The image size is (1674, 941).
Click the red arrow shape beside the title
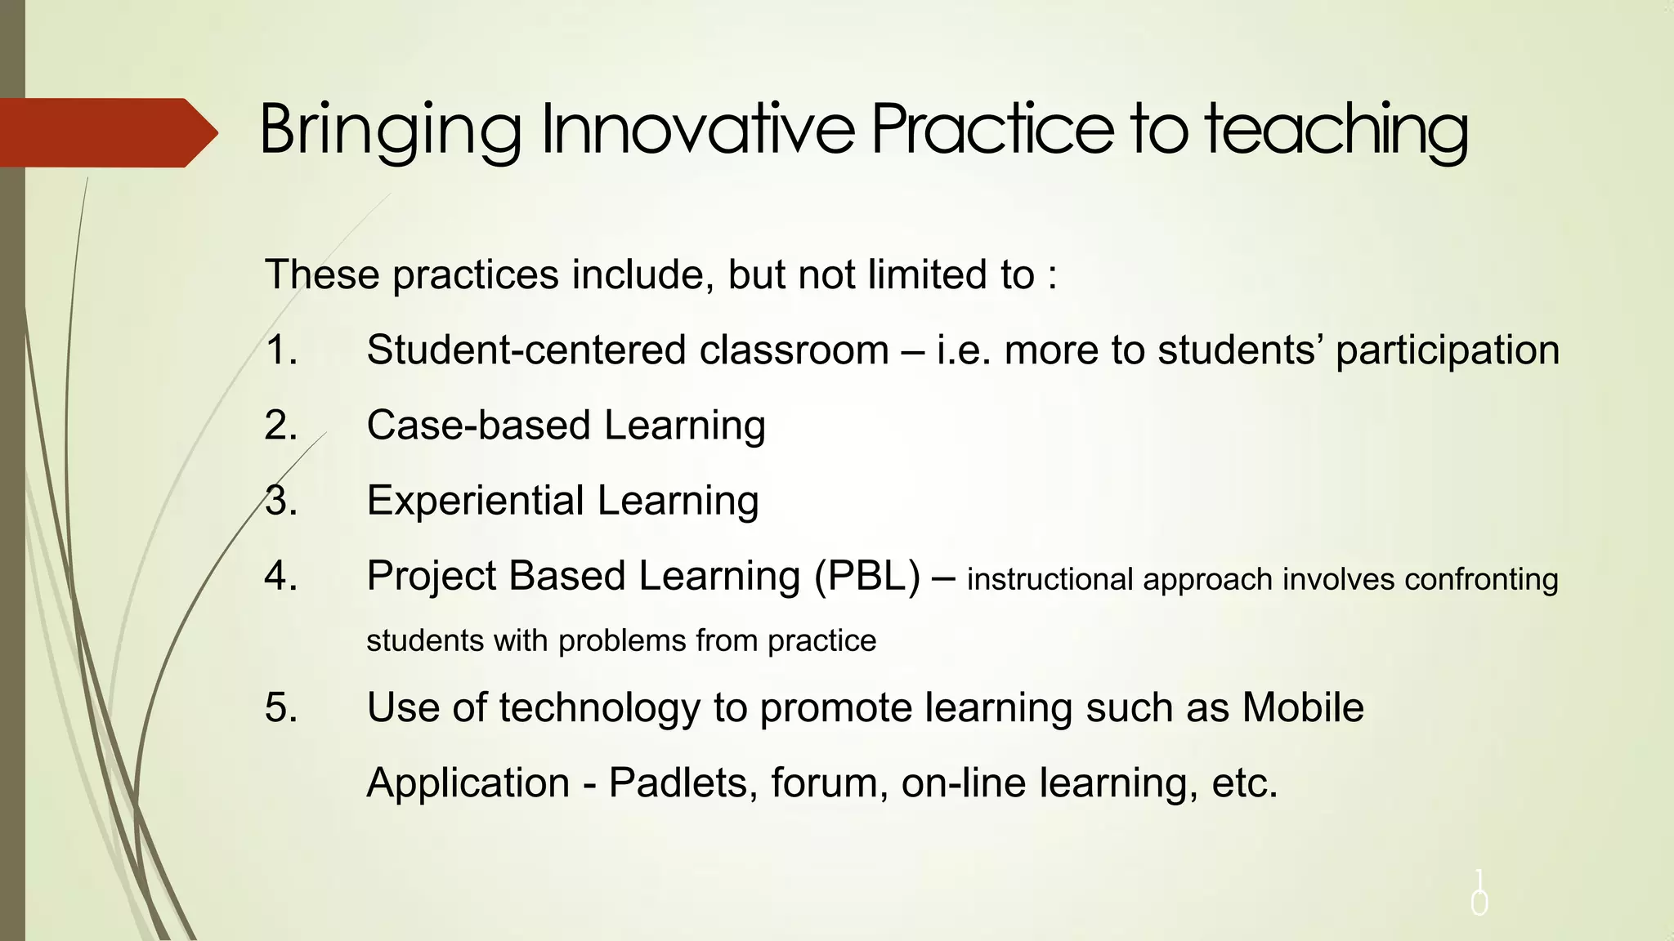[x=106, y=132]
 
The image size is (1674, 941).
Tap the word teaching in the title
[x=1336, y=131]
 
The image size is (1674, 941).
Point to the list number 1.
[x=280, y=350]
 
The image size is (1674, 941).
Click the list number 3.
[x=280, y=501]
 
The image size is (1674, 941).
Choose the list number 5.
[x=280, y=707]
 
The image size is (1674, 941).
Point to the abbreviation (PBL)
[x=867, y=577]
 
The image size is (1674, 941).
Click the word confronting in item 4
[x=1481, y=580]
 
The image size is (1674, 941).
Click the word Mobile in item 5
[x=1303, y=707]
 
